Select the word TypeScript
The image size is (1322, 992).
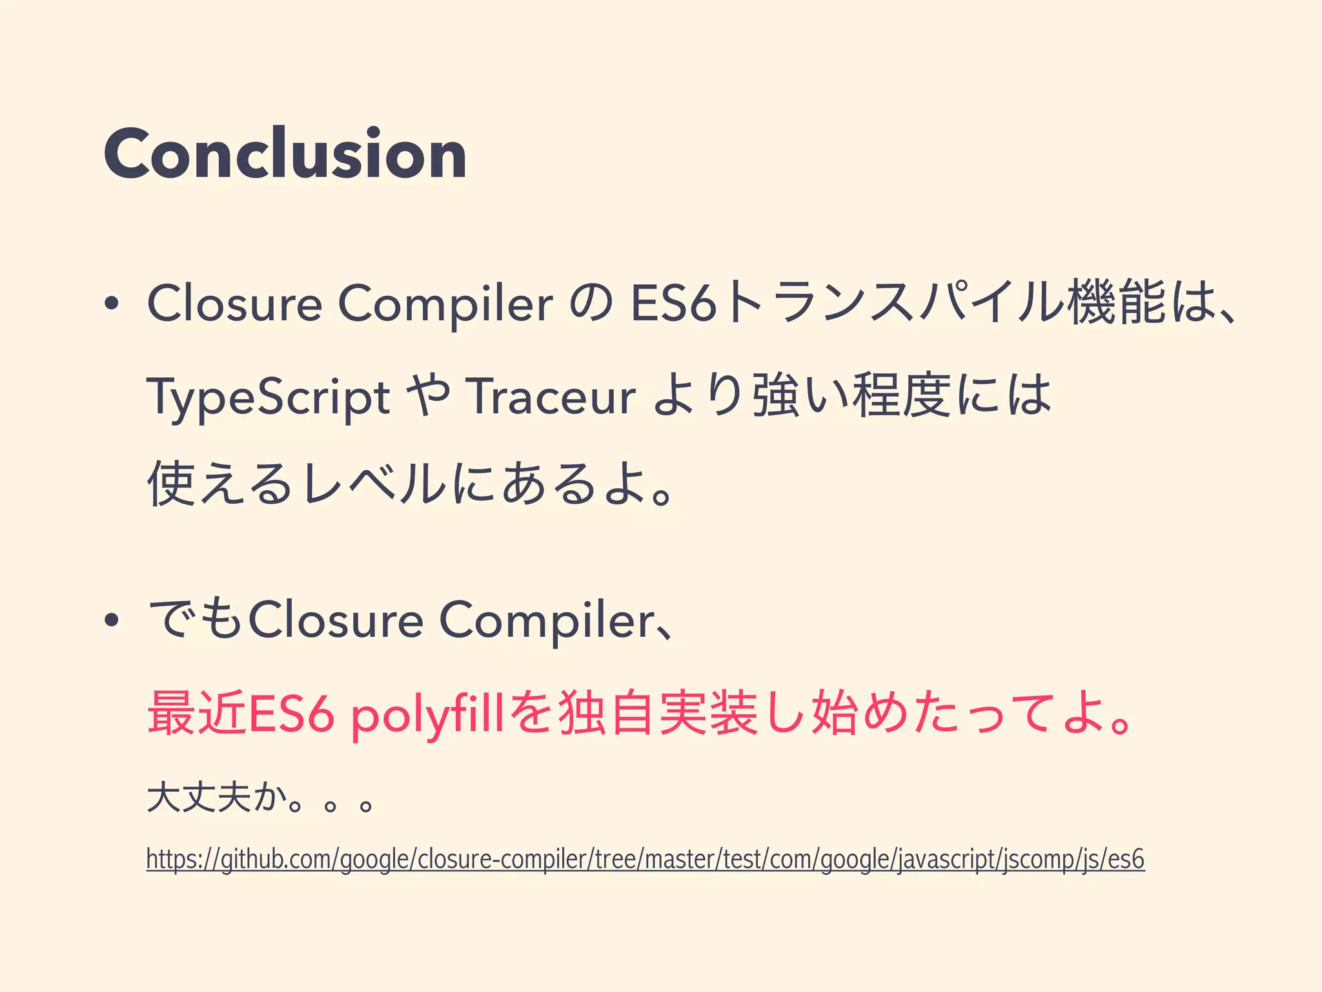tap(268, 396)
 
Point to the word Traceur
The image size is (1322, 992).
tap(553, 396)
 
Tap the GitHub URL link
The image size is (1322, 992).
tap(646, 860)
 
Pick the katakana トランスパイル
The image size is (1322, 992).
tap(893, 303)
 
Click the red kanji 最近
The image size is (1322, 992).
tap(198, 714)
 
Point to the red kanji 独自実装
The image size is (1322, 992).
tap(658, 714)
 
